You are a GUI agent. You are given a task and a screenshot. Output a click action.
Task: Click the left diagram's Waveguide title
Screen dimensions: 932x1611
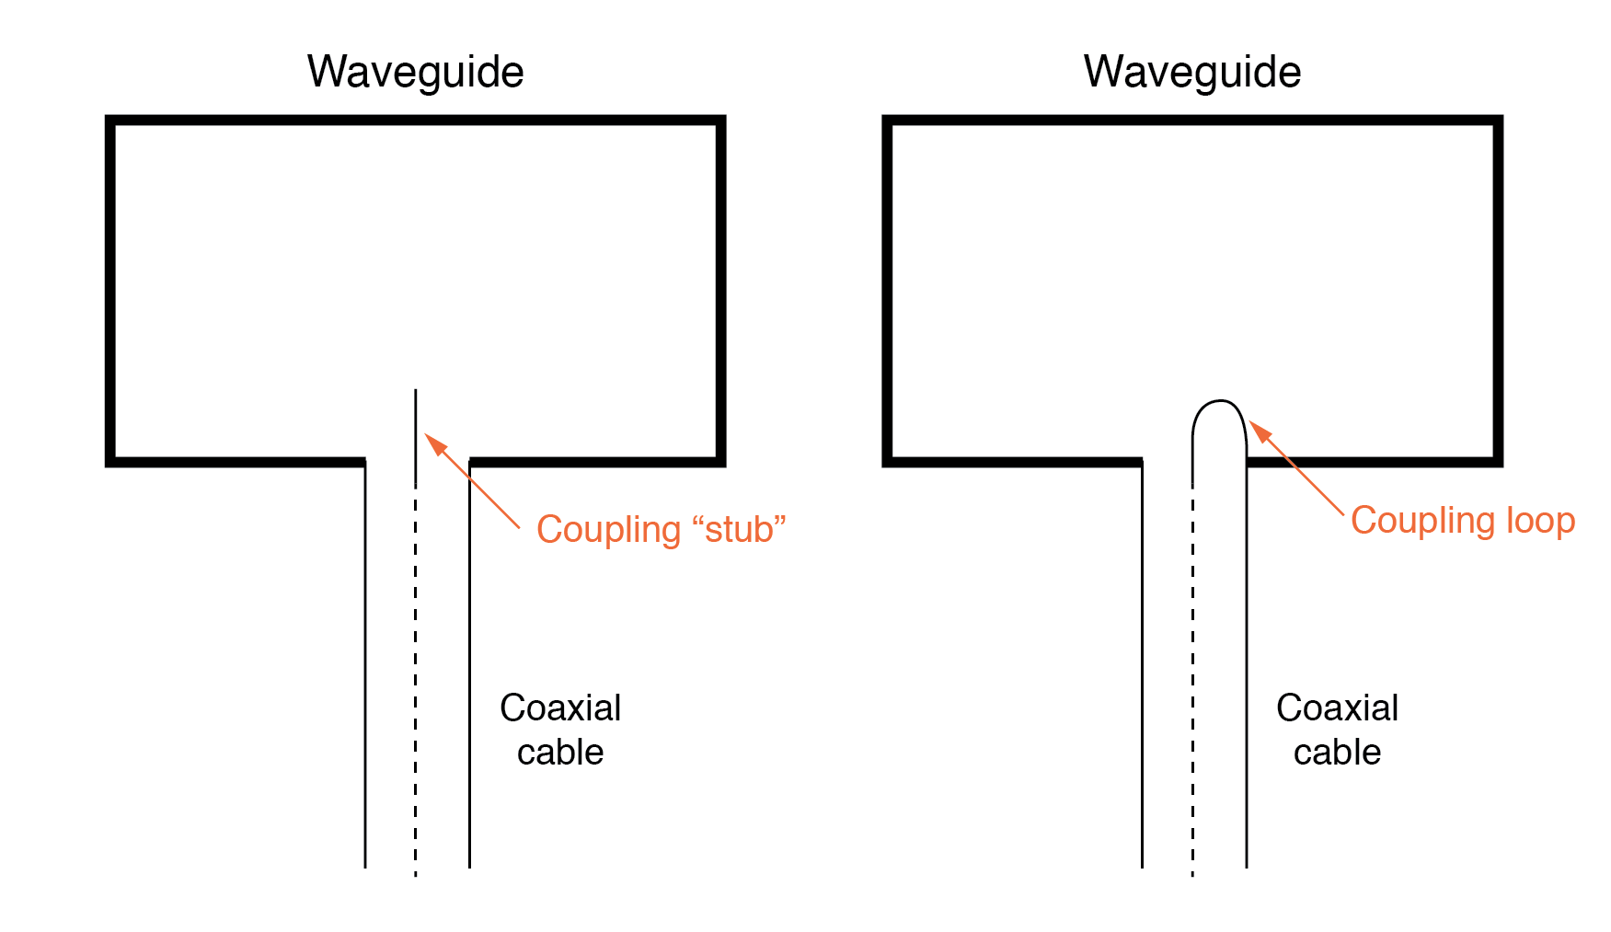point(415,72)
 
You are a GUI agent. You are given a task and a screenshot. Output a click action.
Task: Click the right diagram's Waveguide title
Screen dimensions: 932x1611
point(1191,72)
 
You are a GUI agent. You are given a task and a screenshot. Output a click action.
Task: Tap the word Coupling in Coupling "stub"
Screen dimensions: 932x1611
point(608,530)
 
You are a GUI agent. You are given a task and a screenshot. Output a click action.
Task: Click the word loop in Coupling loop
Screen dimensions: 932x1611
point(1540,521)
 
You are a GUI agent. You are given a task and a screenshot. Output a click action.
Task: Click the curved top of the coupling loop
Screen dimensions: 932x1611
point(1220,402)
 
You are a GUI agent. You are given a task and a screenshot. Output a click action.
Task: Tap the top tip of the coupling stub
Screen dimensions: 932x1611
point(416,392)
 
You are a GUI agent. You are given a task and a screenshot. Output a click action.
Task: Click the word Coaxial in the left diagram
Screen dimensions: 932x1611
point(560,708)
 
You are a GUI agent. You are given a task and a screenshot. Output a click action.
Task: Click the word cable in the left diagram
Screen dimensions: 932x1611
point(560,753)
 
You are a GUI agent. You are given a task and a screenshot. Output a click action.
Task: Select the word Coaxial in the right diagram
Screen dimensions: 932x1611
point(1337,708)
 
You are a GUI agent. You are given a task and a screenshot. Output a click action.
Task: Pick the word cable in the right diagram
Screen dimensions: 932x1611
point(1337,753)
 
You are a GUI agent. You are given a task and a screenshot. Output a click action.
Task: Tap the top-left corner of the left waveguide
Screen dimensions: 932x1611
point(110,121)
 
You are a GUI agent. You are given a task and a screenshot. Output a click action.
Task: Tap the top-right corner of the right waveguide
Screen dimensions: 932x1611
point(1498,121)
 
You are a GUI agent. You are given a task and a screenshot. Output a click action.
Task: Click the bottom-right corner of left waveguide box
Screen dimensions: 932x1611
point(720,461)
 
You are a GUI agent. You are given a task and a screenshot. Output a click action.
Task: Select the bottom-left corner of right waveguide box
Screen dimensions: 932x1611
point(888,461)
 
